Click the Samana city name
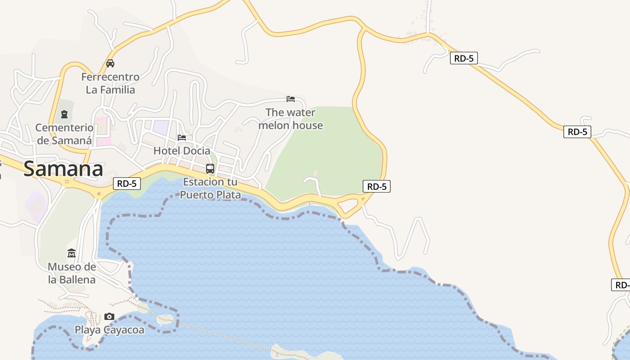(63, 169)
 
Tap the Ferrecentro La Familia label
(110, 83)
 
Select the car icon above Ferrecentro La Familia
(110, 63)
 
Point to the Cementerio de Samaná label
(64, 134)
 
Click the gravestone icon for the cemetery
(64, 114)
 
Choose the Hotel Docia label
(182, 151)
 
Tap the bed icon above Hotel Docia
(182, 137)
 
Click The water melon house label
(291, 119)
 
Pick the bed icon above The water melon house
(291, 99)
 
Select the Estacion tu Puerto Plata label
(210, 189)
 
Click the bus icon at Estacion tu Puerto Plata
(210, 169)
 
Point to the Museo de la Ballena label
(72, 273)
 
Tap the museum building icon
(72, 253)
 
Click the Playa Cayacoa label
(109, 330)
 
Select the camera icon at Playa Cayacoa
(109, 317)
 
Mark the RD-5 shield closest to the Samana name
(127, 184)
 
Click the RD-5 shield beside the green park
(376, 186)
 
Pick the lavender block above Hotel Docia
(161, 126)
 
